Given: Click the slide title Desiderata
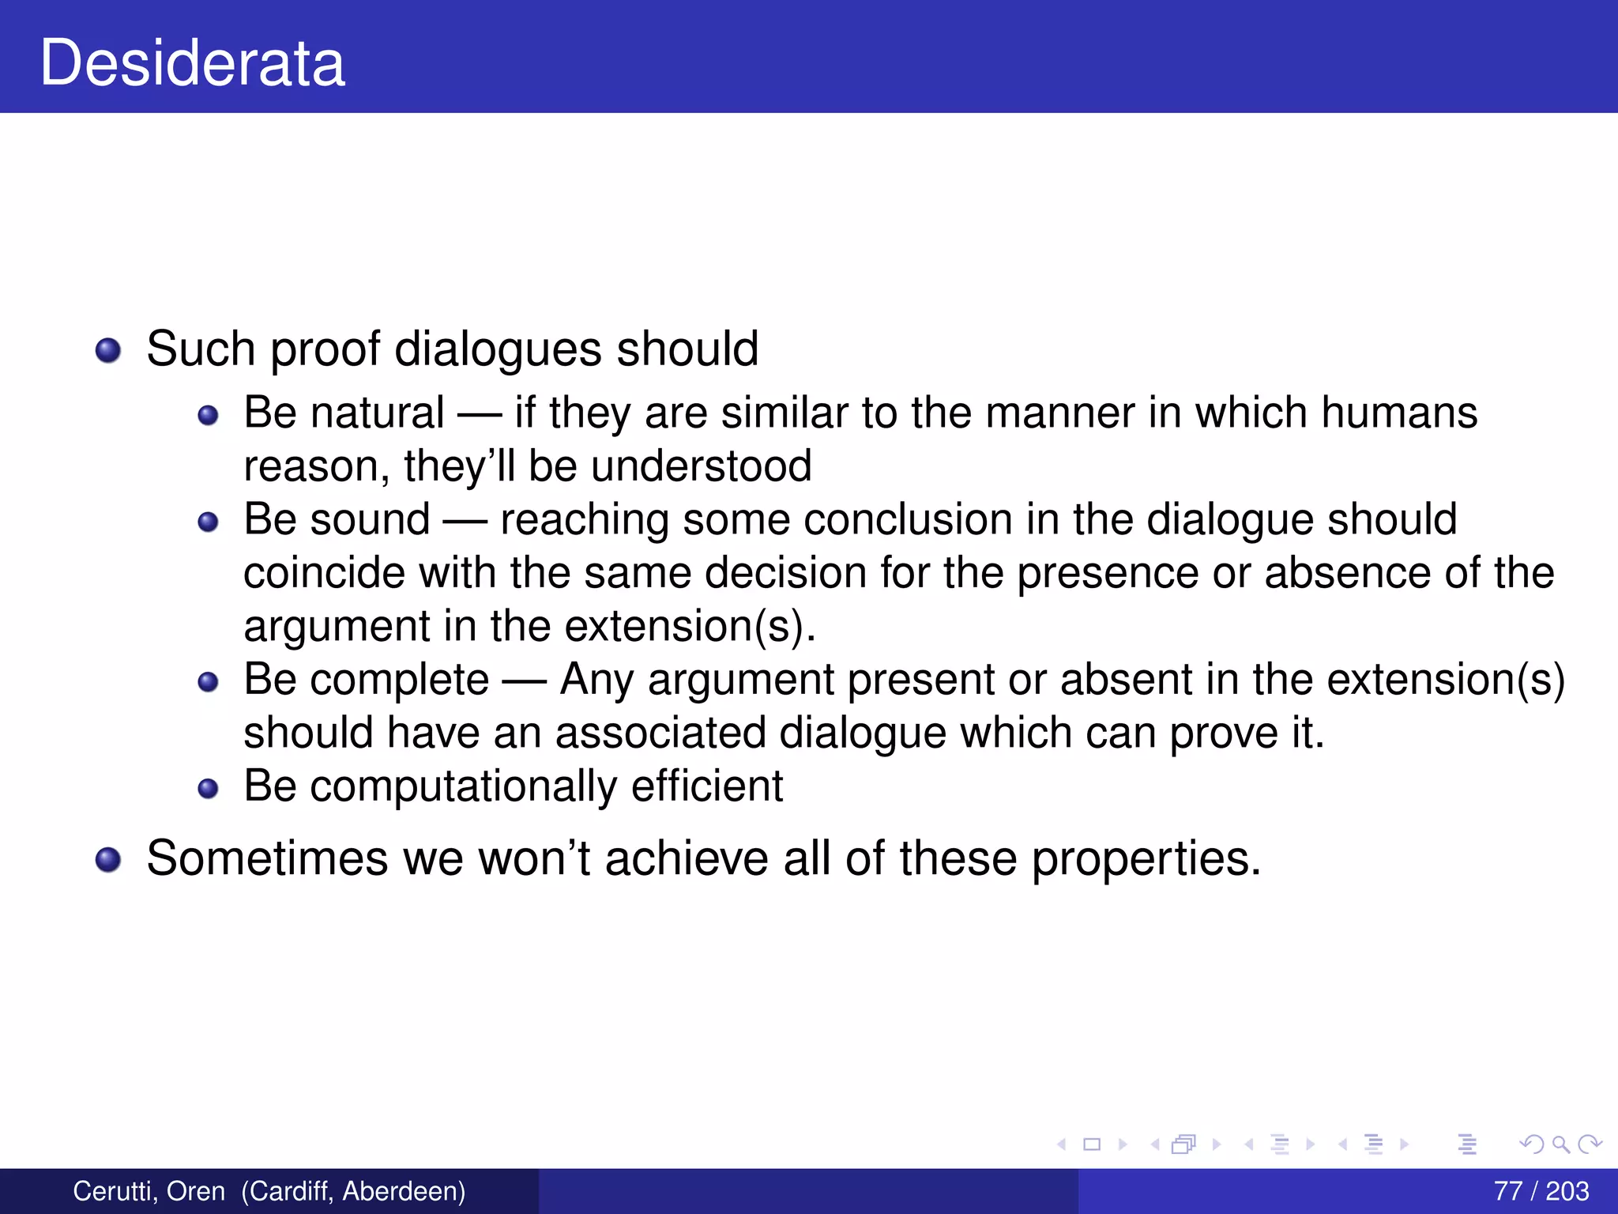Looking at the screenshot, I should tap(193, 63).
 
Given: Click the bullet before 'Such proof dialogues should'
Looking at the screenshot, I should tap(108, 350).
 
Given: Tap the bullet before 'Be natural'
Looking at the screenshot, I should tap(208, 415).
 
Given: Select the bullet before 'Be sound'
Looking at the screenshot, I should tap(208, 522).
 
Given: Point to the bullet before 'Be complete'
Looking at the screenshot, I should tap(208, 681).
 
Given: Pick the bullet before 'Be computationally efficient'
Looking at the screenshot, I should tap(208, 788).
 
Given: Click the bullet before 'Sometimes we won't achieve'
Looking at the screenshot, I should tap(108, 859).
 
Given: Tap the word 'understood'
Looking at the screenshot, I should tap(701, 466).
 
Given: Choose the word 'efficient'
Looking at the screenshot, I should tap(707, 786).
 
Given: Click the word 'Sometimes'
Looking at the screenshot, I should tap(267, 858).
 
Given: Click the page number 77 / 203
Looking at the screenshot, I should tap(1541, 1191).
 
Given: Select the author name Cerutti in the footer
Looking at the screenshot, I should tap(115, 1191).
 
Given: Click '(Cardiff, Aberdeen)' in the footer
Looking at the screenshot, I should tap(353, 1191).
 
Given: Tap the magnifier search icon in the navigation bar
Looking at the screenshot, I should tap(1560, 1144).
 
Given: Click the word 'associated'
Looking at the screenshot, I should tap(660, 733).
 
